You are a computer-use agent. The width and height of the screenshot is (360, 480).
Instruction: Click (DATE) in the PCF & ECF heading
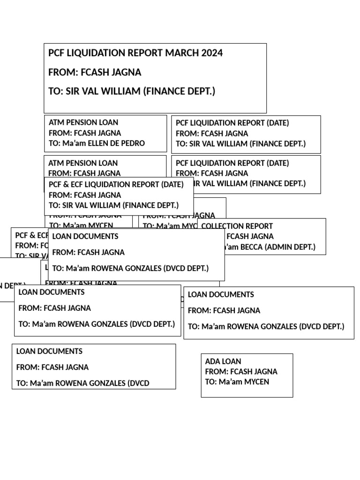[172, 185]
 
